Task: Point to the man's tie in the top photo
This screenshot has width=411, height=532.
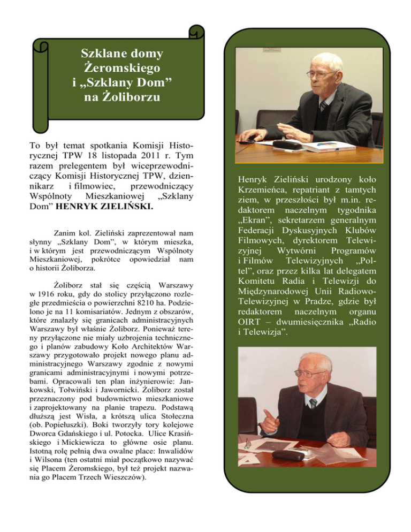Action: click(x=323, y=106)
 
